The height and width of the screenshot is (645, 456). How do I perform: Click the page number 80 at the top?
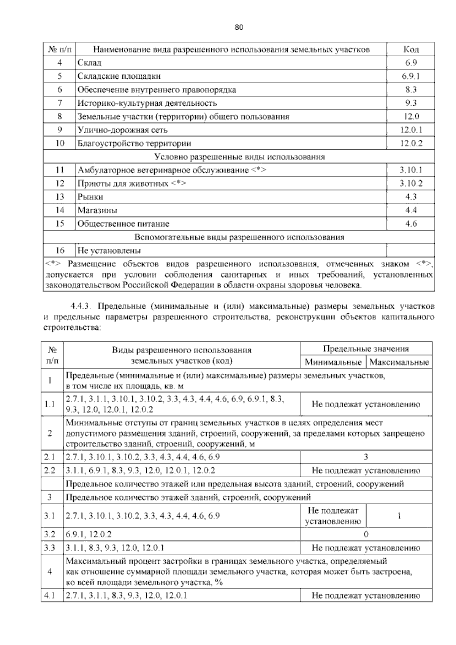coord(239,27)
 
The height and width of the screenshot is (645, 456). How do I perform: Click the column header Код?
coord(410,49)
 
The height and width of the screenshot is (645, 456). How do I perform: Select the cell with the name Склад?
coord(90,63)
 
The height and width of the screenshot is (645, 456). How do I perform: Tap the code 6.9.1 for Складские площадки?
coord(411,76)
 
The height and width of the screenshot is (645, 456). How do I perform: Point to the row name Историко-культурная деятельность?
coord(147,103)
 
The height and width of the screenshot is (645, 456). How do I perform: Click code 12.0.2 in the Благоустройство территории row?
coord(411,143)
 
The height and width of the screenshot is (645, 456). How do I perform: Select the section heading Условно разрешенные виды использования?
coord(239,157)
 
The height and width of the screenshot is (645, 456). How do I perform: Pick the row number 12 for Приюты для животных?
coord(60,184)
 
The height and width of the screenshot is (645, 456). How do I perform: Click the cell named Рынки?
coord(90,197)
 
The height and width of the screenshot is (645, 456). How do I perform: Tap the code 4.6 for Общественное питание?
coord(411,224)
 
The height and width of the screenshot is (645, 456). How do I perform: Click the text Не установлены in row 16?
coord(109,251)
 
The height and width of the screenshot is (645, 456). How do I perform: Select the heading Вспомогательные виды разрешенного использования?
coord(239,237)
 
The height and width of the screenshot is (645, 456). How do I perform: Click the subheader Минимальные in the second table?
coord(333,362)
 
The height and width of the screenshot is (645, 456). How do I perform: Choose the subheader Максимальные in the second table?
coord(399,362)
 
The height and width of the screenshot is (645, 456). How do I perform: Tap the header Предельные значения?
coord(366,349)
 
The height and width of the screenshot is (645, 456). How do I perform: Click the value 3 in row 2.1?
coord(366,457)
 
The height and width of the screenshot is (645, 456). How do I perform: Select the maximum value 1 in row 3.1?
coord(399,516)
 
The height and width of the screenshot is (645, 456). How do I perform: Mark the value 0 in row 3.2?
coord(366,534)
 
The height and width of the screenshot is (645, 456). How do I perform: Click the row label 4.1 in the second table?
coord(50,596)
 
